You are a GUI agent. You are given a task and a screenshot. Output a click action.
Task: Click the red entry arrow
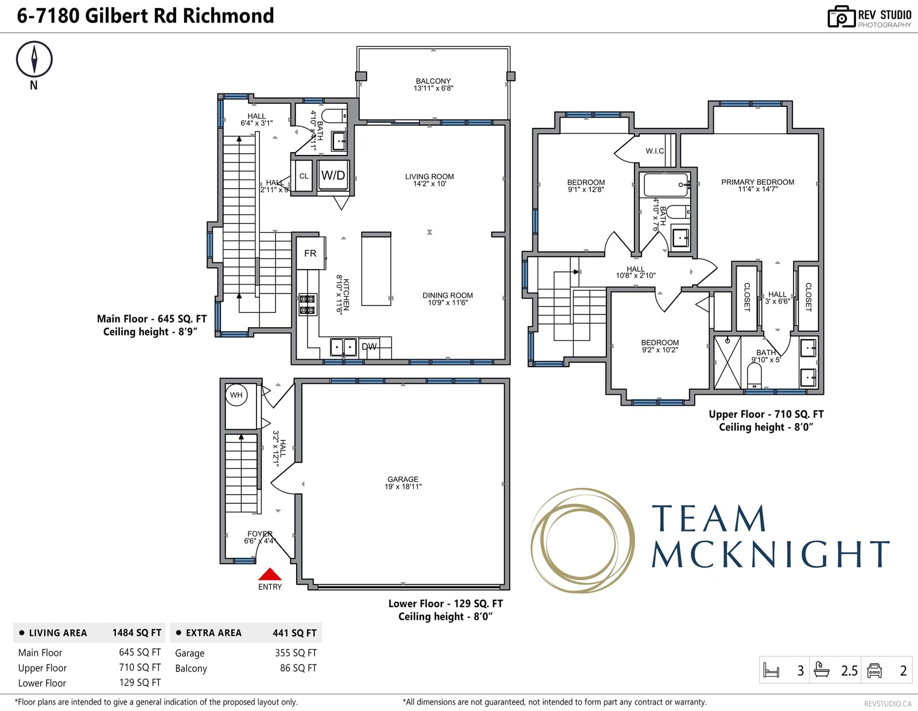[x=270, y=574]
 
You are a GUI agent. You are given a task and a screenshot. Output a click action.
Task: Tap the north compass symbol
[x=34, y=60]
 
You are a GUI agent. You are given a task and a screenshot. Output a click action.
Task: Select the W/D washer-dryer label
[x=333, y=176]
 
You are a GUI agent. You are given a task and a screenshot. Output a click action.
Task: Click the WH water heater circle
[x=236, y=395]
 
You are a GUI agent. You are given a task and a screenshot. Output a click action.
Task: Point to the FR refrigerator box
[x=310, y=253]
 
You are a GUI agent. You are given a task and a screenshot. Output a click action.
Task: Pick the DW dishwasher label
[x=369, y=347]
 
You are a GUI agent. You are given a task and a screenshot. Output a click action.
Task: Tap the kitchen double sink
[x=343, y=347]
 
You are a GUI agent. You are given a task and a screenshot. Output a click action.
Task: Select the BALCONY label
[x=433, y=84]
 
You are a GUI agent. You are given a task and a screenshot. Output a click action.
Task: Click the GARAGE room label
[x=403, y=483]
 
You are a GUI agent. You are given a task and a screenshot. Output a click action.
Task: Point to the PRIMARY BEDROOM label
[x=757, y=185]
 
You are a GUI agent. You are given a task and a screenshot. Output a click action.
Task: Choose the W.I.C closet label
[x=655, y=151]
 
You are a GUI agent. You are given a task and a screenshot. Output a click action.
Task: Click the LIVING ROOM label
[x=429, y=180]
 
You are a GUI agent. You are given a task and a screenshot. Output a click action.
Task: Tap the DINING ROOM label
[x=448, y=298]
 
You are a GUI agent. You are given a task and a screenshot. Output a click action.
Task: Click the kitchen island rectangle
[x=376, y=269]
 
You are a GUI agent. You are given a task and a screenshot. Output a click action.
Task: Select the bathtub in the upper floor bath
[x=666, y=184]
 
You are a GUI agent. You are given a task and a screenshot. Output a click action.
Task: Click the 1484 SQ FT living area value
[x=137, y=633]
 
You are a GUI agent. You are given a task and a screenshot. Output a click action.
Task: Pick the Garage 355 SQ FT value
[x=295, y=652]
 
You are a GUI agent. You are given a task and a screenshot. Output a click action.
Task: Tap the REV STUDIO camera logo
[x=842, y=17]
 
